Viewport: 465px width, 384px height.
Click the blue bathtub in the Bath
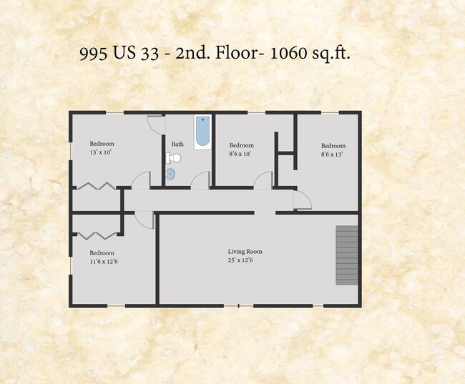[203, 132]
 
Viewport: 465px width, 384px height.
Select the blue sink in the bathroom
[170, 174]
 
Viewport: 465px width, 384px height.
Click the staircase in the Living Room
[347, 255]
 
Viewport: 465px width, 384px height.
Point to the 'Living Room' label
[245, 252]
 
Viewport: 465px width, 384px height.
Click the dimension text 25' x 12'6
[240, 260]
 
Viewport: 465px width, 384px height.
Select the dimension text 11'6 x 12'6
[104, 262]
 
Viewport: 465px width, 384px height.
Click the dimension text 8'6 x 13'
[332, 154]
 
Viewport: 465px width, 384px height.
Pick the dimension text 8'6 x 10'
[240, 154]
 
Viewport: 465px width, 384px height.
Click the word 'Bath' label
[177, 144]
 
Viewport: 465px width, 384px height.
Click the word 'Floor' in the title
[236, 53]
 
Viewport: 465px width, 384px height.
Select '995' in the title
[94, 54]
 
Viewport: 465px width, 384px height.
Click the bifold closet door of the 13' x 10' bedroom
[96, 186]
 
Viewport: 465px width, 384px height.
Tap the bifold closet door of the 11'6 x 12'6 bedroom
[96, 235]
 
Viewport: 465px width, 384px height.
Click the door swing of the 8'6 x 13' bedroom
[303, 200]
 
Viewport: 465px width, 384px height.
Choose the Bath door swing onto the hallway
[200, 180]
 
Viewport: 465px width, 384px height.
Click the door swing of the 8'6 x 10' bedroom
[263, 180]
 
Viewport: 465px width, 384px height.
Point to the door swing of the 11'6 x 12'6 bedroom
[145, 220]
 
